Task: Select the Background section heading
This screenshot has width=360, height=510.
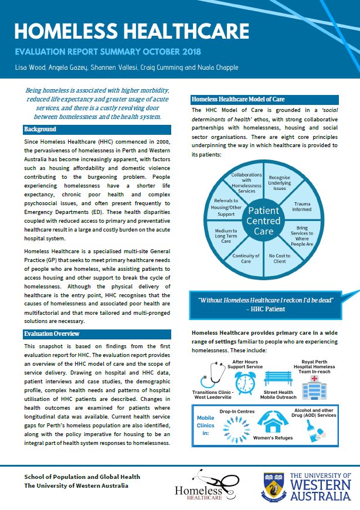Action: (40, 130)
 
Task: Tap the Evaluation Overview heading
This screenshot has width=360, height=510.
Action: (52, 334)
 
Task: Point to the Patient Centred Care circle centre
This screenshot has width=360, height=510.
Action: (264, 219)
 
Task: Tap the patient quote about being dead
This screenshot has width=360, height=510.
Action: (266, 304)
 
